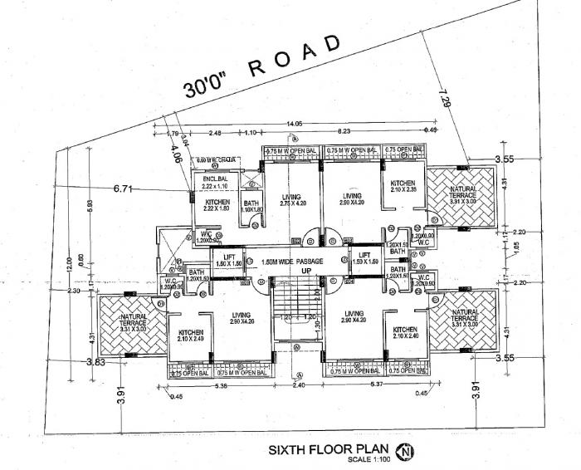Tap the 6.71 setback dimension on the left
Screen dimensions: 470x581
[x=123, y=189]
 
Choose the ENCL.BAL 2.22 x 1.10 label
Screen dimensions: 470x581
[x=214, y=182]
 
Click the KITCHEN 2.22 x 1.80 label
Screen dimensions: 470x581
[x=217, y=206]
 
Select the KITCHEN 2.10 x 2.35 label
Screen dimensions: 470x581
[x=403, y=187]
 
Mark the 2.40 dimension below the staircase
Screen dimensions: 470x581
[x=297, y=384]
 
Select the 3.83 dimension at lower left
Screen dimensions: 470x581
[x=97, y=362]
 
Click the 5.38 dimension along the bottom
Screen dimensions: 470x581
[x=222, y=385]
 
